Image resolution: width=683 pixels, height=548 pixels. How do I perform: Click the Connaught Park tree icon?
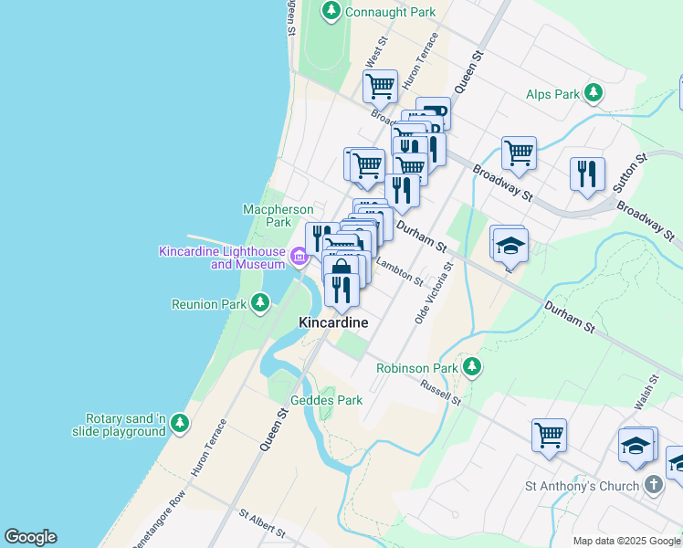pos(331,11)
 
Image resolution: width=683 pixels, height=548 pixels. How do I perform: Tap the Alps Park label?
pos(553,94)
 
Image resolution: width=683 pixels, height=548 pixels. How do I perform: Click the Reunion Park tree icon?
pos(261,302)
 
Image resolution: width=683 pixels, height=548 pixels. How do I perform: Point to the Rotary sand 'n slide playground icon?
pos(180,422)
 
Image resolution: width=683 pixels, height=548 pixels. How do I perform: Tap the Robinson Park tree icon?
pos(472,368)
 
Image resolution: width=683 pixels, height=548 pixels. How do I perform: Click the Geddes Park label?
pos(326,400)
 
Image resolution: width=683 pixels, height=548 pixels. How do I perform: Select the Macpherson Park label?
pos(267,216)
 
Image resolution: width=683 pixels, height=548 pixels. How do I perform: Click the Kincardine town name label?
pos(333,323)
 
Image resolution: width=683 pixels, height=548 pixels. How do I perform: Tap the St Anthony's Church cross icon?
pos(654,485)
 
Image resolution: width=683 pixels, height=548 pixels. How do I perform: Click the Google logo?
pos(30,537)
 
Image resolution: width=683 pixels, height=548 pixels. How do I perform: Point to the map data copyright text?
pos(626,541)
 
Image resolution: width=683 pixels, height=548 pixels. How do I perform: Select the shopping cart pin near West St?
pos(380,87)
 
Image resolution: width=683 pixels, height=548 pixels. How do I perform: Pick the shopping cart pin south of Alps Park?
pos(519,153)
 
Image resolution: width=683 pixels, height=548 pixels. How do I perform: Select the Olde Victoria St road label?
pos(434,295)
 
